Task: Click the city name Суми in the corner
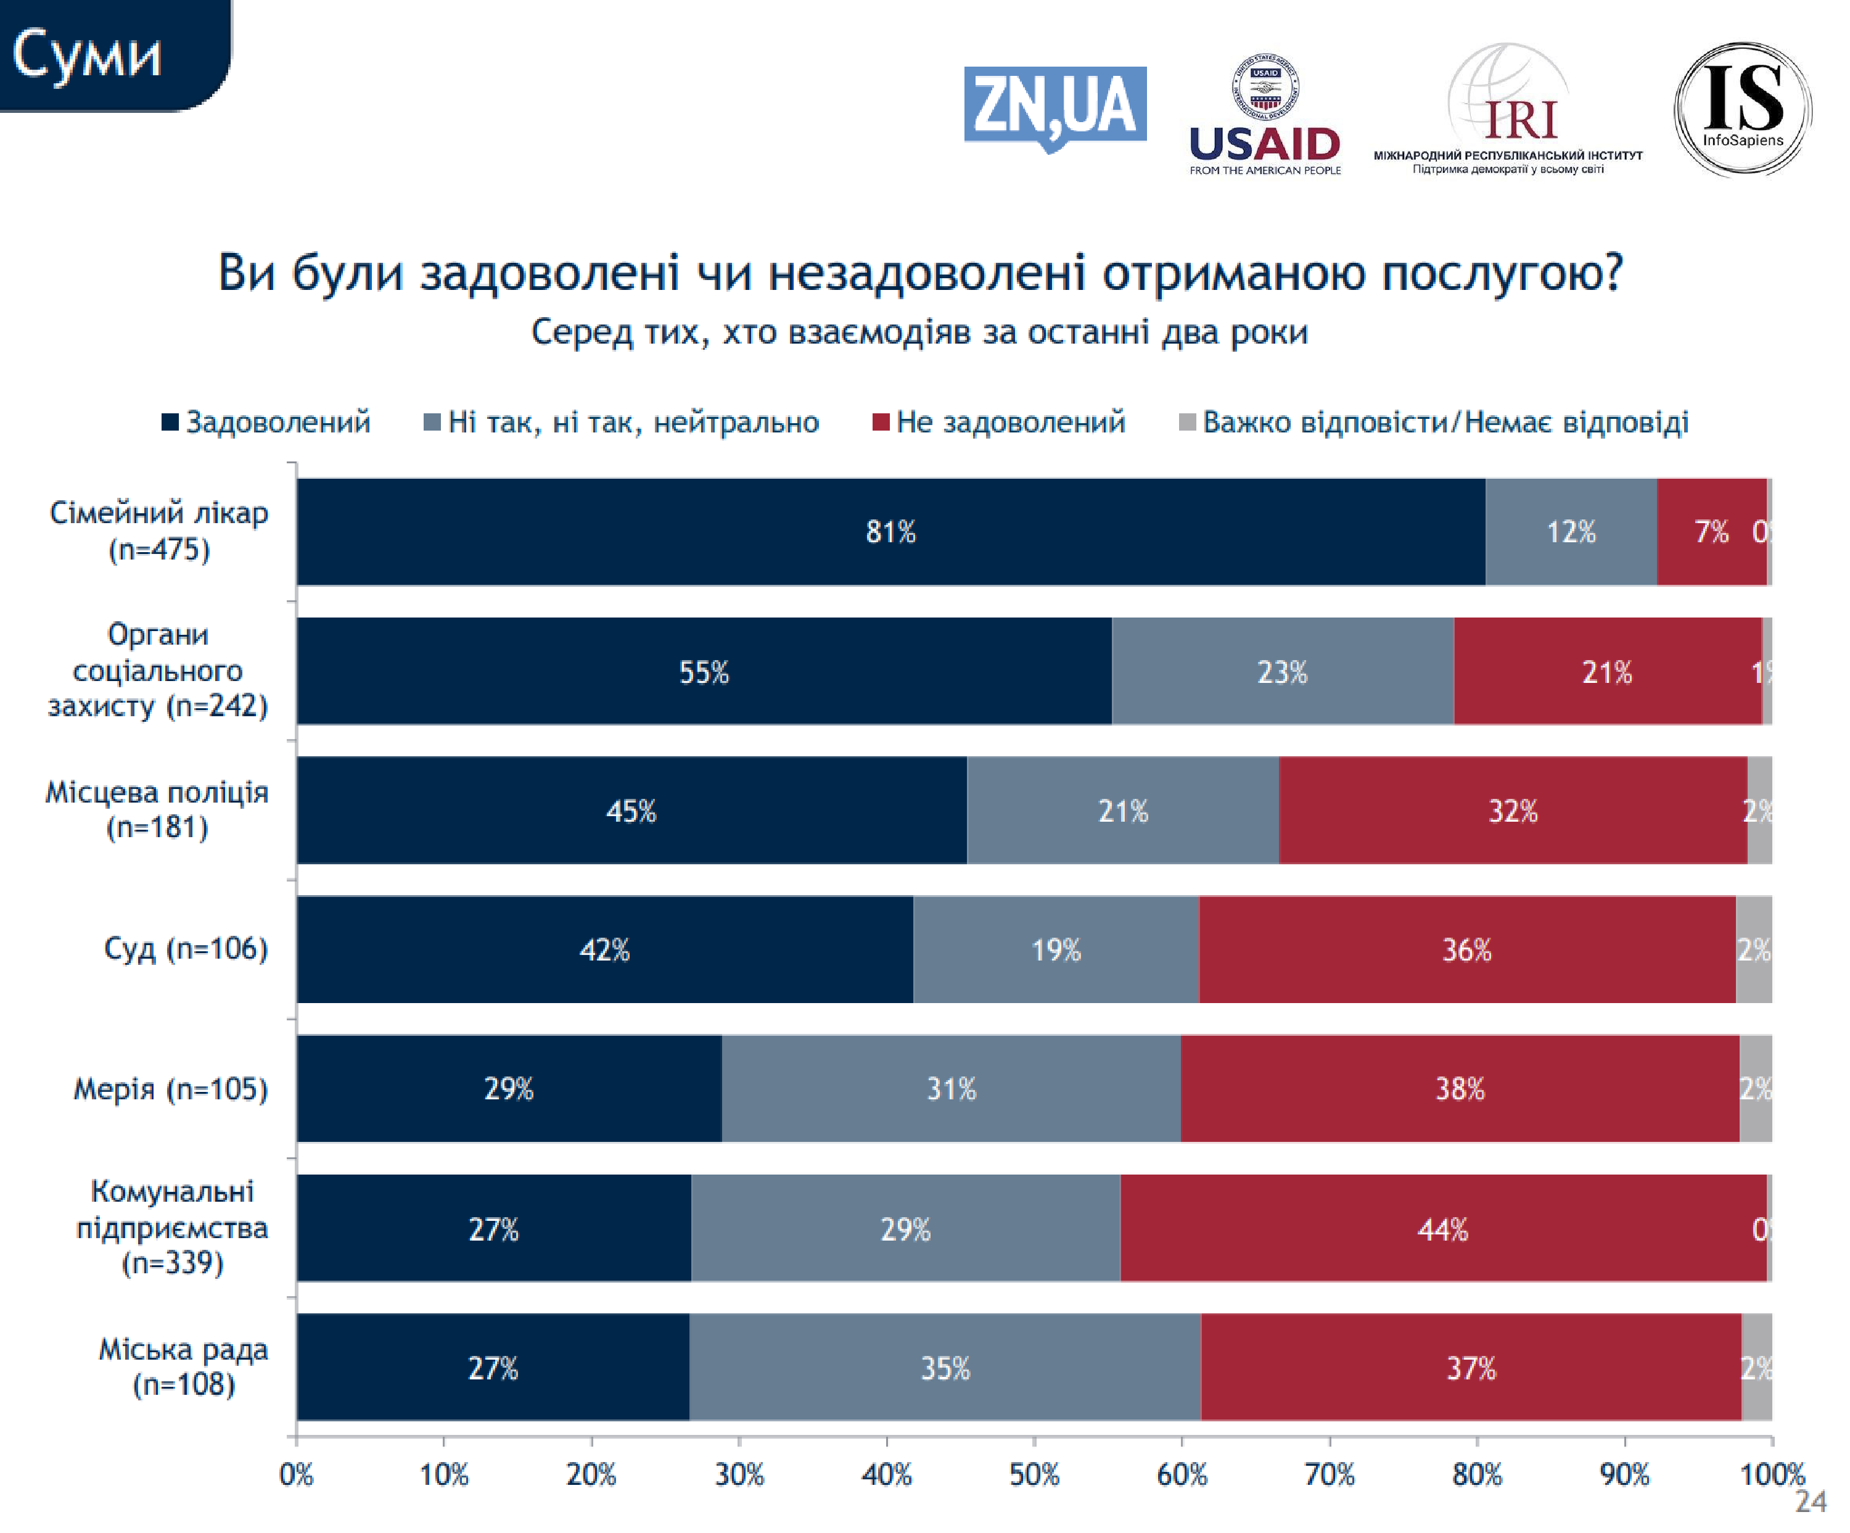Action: [87, 55]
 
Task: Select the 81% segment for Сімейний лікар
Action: [890, 532]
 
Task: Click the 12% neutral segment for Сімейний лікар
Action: [1571, 532]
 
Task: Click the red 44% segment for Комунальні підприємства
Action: [1442, 1228]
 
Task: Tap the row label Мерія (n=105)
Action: [170, 1089]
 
